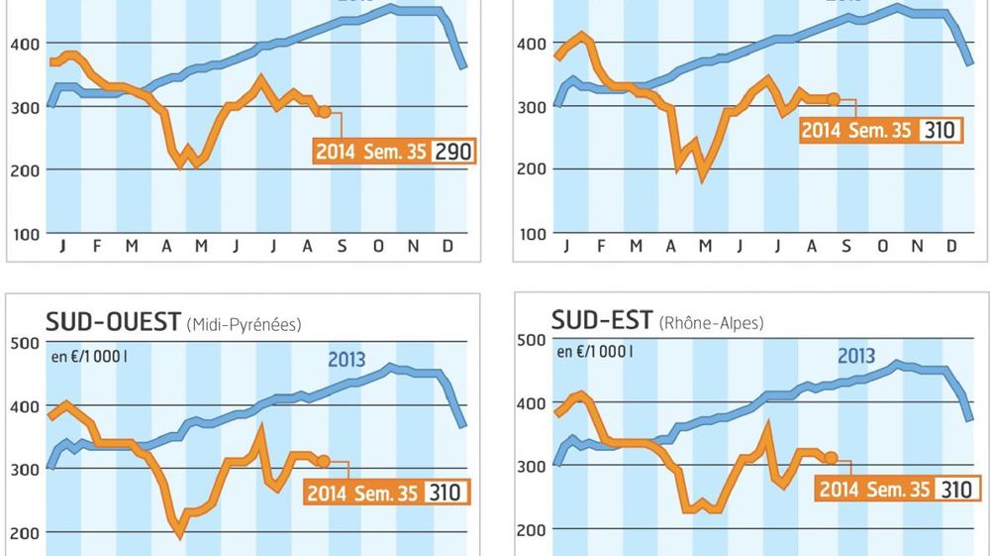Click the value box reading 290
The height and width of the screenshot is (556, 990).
click(x=454, y=152)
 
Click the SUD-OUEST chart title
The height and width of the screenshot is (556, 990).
click(x=113, y=322)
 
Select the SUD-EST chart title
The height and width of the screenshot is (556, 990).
click(x=602, y=320)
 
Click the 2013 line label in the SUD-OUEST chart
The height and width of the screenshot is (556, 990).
click(x=346, y=359)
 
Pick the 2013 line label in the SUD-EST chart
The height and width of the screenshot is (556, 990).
click(x=856, y=356)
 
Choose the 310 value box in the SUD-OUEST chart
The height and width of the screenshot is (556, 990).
click(x=445, y=492)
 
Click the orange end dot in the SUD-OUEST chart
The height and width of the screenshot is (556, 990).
click(x=324, y=461)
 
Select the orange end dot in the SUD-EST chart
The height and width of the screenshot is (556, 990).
click(x=832, y=458)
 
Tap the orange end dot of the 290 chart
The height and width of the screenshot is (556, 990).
click(x=324, y=112)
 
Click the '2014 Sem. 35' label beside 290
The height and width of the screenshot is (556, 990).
click(x=372, y=152)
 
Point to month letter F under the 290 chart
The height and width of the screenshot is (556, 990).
click(x=97, y=246)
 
